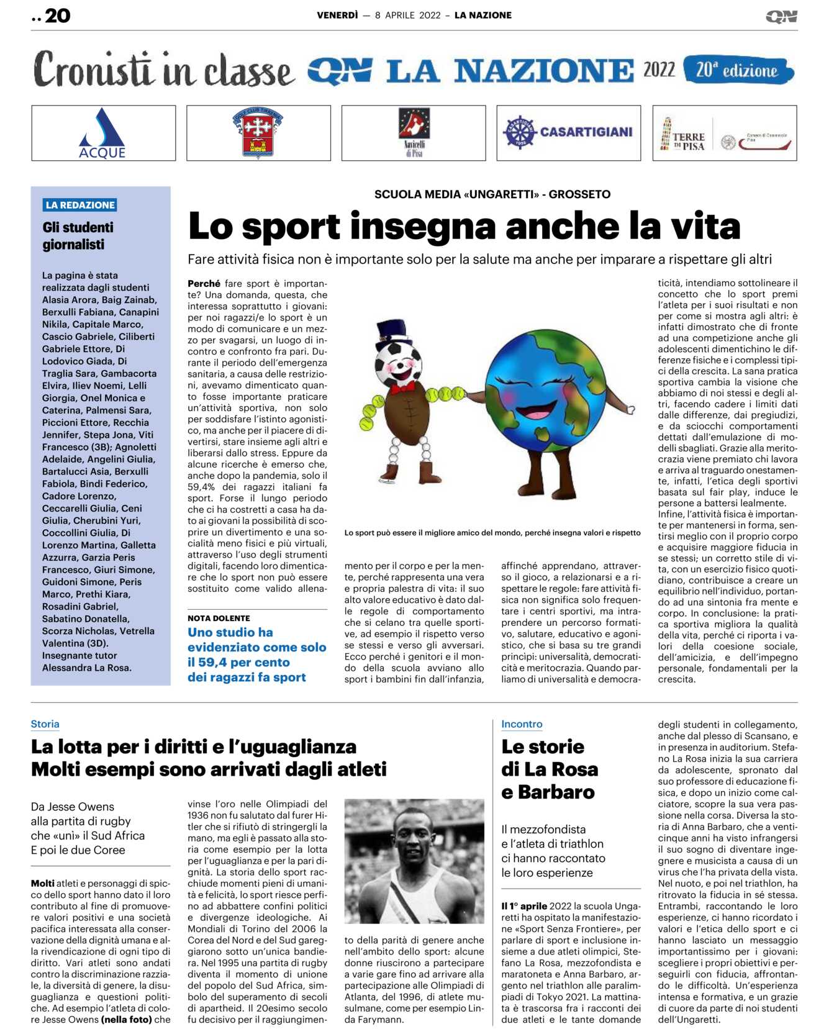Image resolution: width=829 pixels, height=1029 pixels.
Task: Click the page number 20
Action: [57, 16]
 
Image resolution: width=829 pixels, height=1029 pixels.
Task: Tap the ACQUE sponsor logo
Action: [103, 134]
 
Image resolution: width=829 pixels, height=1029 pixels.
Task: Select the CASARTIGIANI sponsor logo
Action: [568, 132]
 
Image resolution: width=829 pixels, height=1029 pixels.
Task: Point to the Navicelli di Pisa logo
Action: [414, 132]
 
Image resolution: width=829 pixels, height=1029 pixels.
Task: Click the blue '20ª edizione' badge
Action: [738, 70]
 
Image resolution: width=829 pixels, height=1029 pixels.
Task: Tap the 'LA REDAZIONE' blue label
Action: [80, 205]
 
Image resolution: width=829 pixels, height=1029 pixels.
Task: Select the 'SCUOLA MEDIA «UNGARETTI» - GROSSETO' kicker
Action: [492, 194]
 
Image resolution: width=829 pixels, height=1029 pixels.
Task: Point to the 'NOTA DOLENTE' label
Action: [219, 619]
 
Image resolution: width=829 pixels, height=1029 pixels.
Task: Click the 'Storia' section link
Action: [45, 724]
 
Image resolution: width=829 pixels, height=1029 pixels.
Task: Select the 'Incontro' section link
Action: [522, 724]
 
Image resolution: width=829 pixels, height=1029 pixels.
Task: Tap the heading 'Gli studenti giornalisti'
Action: [78, 236]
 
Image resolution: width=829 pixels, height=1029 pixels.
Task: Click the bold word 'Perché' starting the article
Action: [204, 284]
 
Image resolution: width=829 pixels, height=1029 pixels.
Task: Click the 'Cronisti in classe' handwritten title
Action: [163, 70]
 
